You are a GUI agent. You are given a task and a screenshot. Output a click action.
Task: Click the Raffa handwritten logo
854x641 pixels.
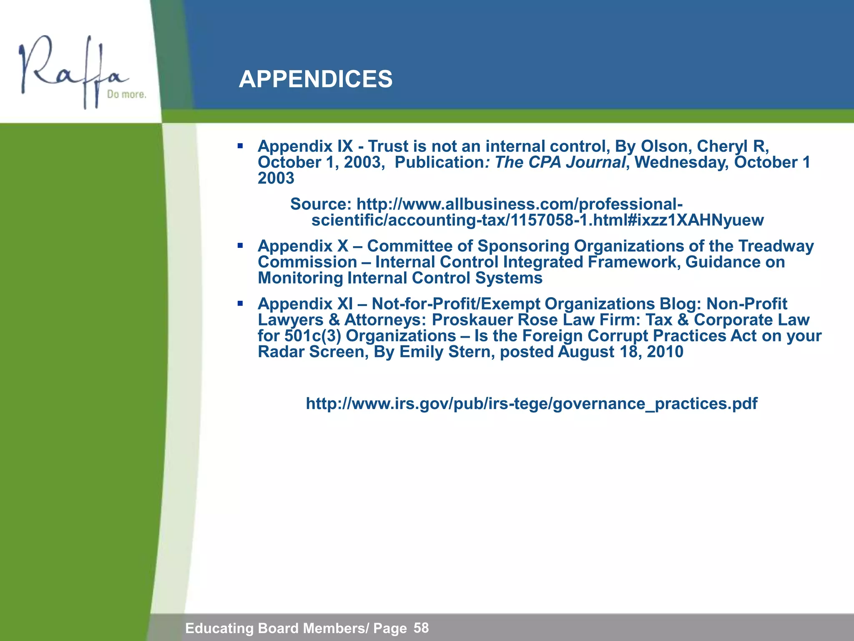tap(71, 71)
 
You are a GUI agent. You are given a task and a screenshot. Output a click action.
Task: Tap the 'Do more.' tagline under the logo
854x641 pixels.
tap(126, 95)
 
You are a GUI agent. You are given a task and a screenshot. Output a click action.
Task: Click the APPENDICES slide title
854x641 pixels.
tap(315, 79)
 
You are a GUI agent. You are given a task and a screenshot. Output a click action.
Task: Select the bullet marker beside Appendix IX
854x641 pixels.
tap(240, 146)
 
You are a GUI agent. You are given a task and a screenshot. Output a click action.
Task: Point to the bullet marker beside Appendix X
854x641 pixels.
tap(240, 246)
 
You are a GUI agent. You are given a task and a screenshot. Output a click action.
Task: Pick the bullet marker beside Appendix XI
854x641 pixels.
tap(240, 303)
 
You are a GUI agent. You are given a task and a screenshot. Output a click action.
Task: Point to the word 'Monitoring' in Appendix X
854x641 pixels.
tap(300, 278)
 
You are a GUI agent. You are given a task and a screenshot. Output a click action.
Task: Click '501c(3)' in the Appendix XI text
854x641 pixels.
tap(299, 336)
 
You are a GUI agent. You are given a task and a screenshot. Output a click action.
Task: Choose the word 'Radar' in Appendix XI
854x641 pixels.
tap(281, 352)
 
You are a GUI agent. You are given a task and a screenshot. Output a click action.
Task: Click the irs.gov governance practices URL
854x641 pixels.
tap(531, 404)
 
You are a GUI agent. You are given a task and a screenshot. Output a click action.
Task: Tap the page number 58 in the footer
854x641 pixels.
tap(421, 628)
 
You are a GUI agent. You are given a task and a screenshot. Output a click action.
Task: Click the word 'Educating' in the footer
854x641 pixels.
tap(219, 628)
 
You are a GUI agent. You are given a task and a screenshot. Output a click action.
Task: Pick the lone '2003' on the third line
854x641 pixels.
tap(276, 178)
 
